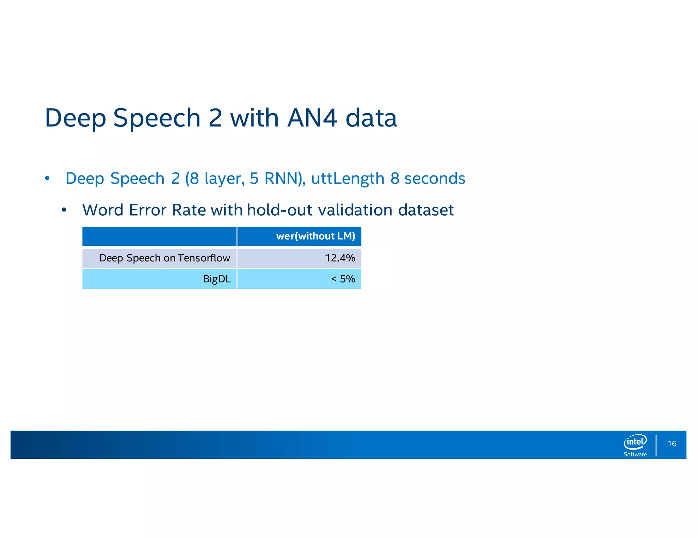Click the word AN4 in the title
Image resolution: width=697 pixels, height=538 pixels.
312,118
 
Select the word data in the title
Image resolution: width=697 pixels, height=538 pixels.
371,118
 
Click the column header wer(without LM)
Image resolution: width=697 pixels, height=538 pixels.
315,236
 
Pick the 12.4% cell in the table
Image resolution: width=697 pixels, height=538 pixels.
340,258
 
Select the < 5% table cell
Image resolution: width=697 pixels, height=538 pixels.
343,279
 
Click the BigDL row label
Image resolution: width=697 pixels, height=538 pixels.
217,279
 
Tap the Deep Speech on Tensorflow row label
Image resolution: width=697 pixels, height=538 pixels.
165,258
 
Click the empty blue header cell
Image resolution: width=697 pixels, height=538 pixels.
159,236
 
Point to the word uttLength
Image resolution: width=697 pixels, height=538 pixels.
347,179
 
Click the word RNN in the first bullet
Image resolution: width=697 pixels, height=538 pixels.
282,179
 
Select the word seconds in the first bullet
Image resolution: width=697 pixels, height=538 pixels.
434,179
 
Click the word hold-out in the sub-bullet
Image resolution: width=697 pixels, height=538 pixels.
279,210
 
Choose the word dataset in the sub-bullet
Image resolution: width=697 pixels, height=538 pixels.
426,210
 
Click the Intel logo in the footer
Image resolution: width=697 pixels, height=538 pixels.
635,442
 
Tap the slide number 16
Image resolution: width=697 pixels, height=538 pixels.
672,444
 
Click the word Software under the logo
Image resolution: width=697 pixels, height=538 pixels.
635,454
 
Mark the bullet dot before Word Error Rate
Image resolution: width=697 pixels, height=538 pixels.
64,210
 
